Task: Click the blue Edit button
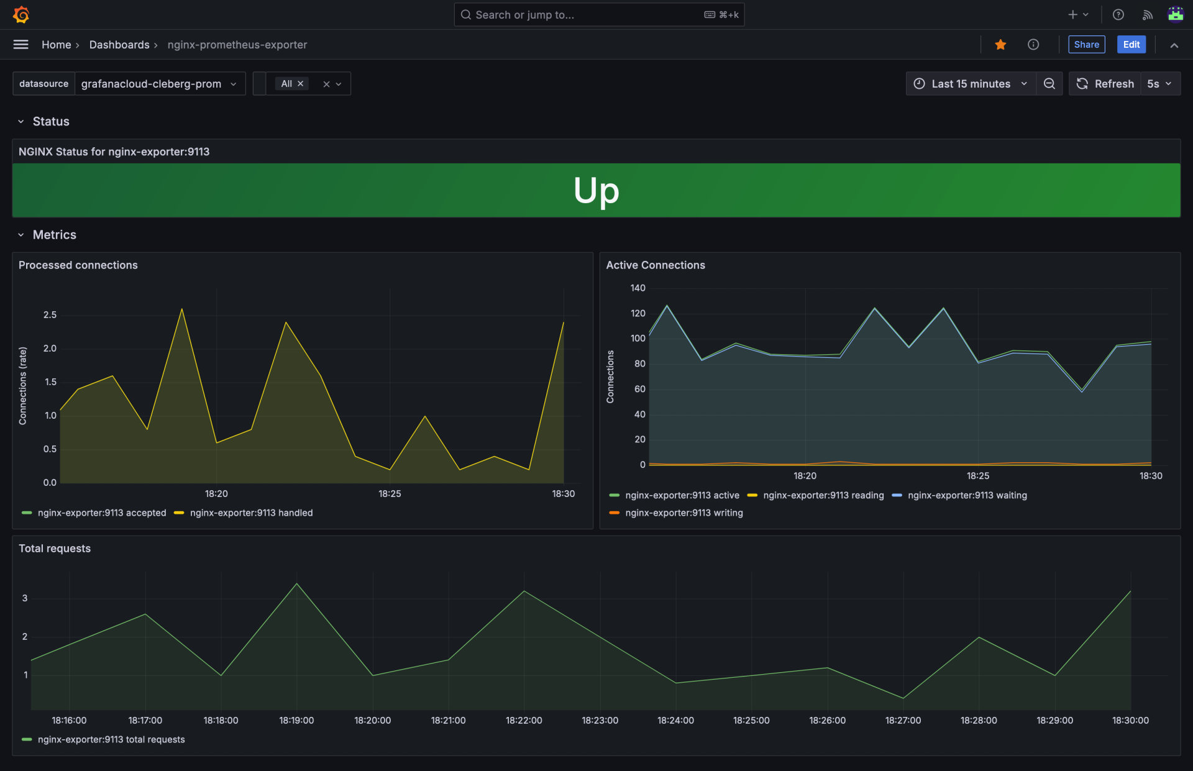coord(1131,45)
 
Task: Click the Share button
coord(1086,45)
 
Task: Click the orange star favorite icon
coord(1000,45)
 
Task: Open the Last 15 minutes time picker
coord(971,84)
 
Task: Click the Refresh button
coord(1105,84)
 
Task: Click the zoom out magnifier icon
coord(1049,84)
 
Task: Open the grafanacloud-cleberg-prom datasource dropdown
coord(159,84)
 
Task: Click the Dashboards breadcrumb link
coord(119,45)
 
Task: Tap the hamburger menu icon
coord(21,45)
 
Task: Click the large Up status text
coord(596,190)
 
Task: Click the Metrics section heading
coord(55,235)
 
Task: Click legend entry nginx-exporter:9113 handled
coord(251,513)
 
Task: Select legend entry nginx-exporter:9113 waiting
coord(967,496)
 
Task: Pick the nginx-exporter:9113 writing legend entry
coord(683,513)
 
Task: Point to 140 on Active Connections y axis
coord(638,288)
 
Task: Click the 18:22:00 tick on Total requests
coord(524,721)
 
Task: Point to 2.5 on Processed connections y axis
coord(50,315)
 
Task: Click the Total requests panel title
coord(55,549)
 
